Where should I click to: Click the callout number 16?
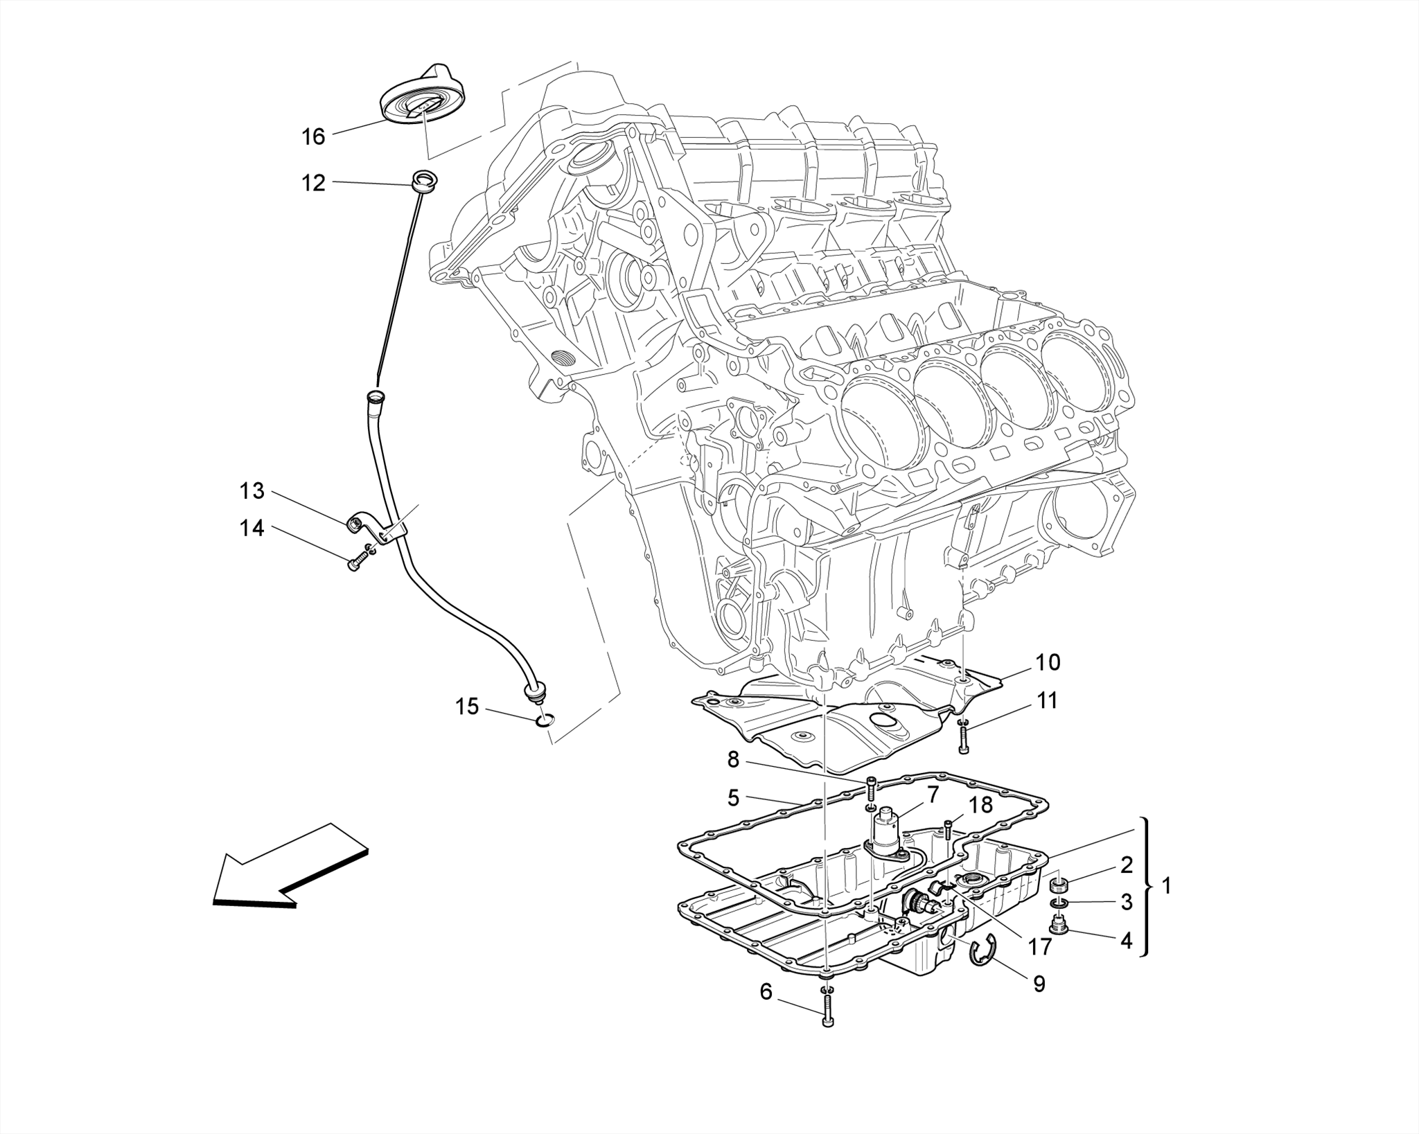pyautogui.click(x=313, y=136)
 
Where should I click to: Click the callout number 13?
pyautogui.click(x=252, y=491)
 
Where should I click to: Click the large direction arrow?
pyautogui.click(x=291, y=869)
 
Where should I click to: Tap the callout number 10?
pyautogui.click(x=1048, y=662)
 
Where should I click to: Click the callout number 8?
pyautogui.click(x=733, y=760)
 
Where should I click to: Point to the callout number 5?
pyautogui.click(x=733, y=797)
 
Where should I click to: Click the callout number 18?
pyautogui.click(x=981, y=804)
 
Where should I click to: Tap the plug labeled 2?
pyautogui.click(x=1059, y=885)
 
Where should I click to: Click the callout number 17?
pyautogui.click(x=1039, y=946)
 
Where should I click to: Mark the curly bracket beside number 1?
pyautogui.click(x=1147, y=887)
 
